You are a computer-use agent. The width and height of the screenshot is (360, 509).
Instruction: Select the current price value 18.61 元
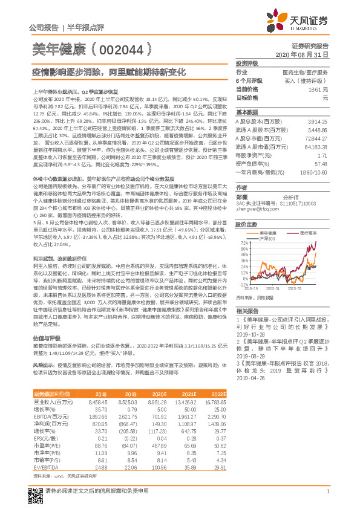coord(322,89)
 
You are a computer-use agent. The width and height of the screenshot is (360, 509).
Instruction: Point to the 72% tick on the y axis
coord(241,242)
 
